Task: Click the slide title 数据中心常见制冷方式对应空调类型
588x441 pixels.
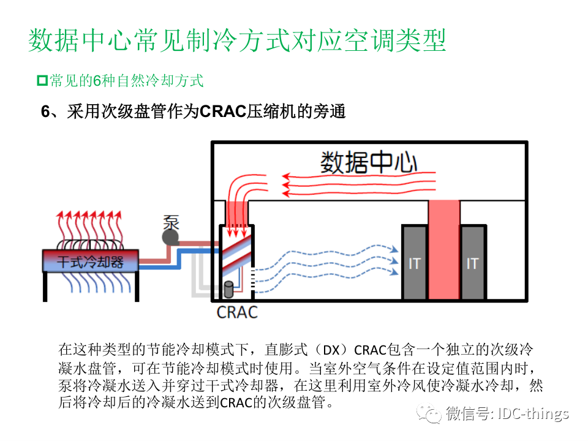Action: (238, 40)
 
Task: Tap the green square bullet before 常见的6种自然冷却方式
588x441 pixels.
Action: (42, 80)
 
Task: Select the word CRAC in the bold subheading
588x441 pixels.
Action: (223, 112)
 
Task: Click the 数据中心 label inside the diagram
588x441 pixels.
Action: (369, 162)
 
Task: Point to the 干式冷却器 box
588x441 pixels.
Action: (90, 262)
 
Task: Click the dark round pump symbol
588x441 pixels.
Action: (170, 237)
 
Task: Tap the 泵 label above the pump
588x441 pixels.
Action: (171, 221)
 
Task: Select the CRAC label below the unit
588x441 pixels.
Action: (237, 312)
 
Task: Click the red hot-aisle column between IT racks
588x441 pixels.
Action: (443, 251)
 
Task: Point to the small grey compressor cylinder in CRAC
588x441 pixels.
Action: (229, 289)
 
